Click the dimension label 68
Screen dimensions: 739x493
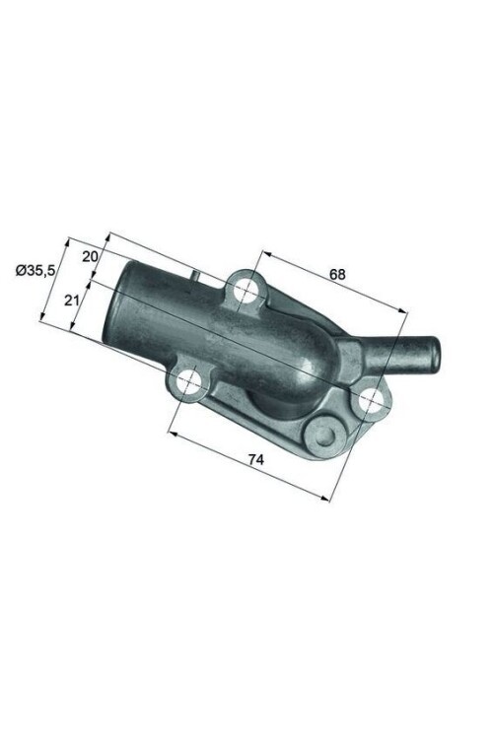click(337, 275)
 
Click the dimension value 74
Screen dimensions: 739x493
click(253, 459)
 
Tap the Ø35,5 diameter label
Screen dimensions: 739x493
click(34, 269)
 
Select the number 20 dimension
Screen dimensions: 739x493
click(89, 256)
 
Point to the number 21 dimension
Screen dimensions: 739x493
click(72, 301)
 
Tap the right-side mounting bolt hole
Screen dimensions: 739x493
click(372, 399)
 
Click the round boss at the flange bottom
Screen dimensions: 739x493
click(322, 431)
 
